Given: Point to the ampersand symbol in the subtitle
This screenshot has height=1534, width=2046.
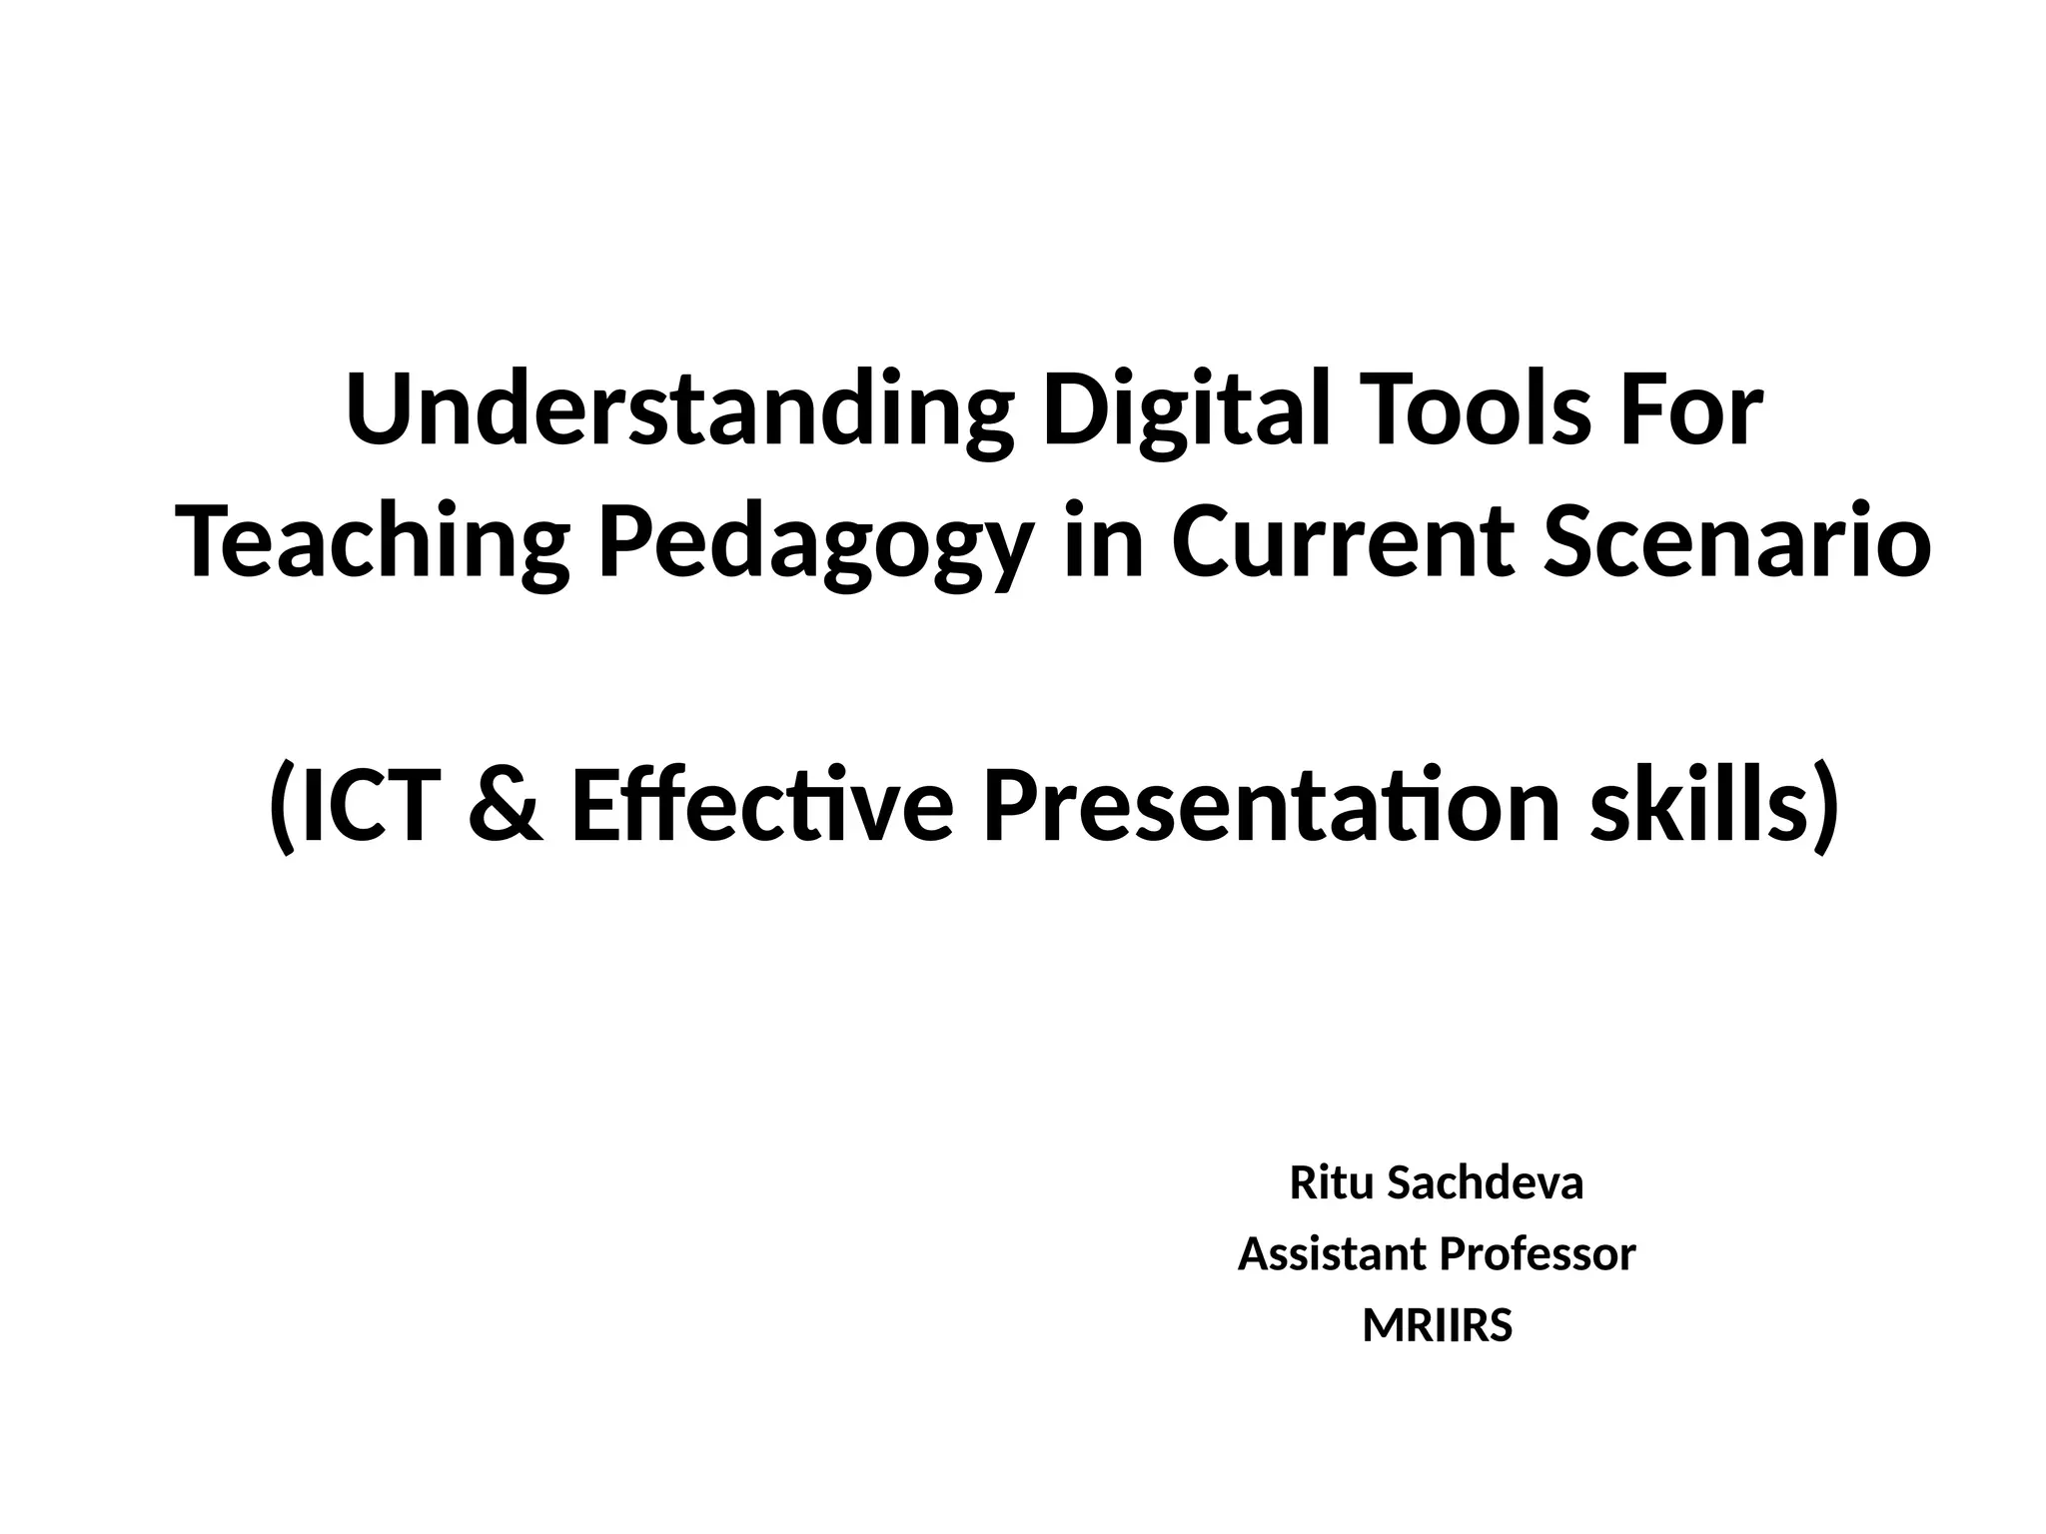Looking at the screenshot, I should pos(506,807).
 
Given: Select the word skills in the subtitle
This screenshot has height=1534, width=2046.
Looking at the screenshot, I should pos(1699,807).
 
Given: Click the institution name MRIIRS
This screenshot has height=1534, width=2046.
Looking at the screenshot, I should pos(1438,1326).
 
